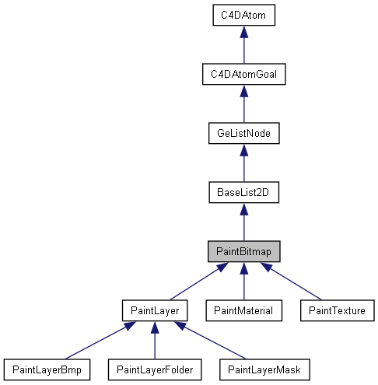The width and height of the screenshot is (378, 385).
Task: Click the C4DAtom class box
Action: (243, 15)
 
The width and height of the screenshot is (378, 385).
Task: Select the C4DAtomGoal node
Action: (243, 75)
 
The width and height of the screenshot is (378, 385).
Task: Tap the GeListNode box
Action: (243, 133)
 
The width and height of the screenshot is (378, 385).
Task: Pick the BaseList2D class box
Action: (243, 191)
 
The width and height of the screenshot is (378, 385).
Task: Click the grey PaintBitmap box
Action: (243, 250)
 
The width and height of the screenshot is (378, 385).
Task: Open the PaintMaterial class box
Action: (243, 310)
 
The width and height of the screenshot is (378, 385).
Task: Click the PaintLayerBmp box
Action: (47, 369)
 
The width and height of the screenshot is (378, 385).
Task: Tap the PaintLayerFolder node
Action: (155, 369)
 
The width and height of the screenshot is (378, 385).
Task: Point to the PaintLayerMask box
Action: (265, 369)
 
